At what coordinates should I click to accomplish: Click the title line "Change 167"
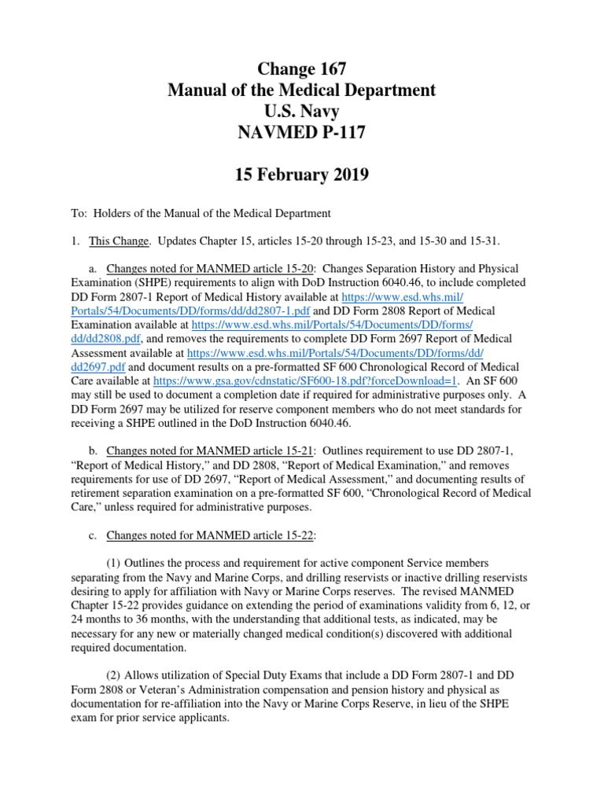pos(301,68)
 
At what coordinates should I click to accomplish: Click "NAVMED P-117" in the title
pos(301,134)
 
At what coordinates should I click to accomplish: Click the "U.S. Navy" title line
pos(301,112)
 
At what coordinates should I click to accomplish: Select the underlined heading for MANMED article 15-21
pos(210,450)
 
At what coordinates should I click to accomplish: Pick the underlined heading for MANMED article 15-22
pos(210,536)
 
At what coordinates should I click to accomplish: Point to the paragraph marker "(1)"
pos(115,564)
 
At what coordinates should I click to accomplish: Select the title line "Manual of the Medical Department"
pos(301,90)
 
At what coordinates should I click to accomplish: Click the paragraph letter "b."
pos(92,450)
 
